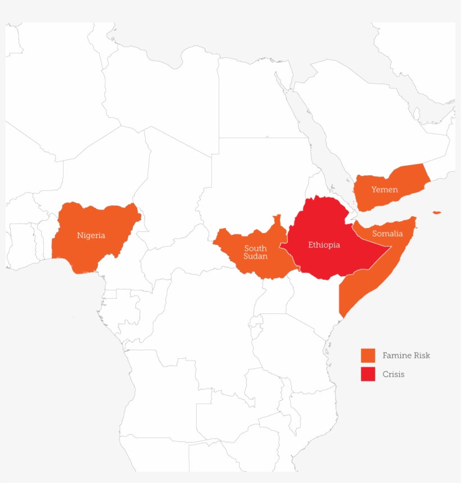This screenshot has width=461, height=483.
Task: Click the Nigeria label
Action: coord(91,235)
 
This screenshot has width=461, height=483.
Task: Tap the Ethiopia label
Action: coord(324,245)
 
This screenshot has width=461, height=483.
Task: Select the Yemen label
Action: coord(385,190)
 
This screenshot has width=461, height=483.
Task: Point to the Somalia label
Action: coord(387,234)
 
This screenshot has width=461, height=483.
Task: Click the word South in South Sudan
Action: coord(255,248)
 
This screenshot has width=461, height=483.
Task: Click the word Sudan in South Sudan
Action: coord(255,257)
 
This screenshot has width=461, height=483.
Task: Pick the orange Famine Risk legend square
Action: coord(368,356)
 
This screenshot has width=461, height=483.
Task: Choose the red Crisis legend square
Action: coord(368,374)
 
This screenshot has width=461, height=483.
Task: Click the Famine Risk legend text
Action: coord(406,356)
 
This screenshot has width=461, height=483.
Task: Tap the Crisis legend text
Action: coord(393,374)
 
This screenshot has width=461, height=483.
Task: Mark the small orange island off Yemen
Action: coord(437,212)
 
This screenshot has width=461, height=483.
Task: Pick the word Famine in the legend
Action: coord(396,356)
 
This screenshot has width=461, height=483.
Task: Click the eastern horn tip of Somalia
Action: coord(415,218)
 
